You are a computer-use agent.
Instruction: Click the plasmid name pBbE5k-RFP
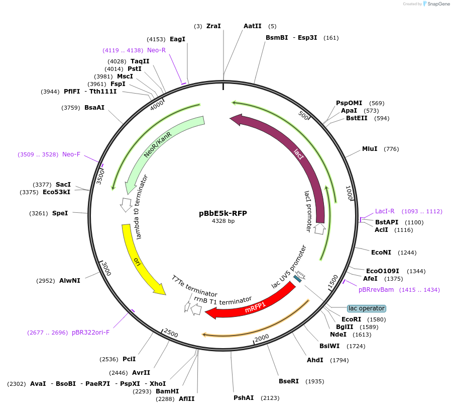pyautogui.click(x=223, y=213)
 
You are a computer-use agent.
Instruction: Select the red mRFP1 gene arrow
pyautogui.click(x=251, y=305)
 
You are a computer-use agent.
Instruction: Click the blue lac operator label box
pyautogui.click(x=366, y=308)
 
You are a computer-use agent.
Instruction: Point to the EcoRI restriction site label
pyautogui.click(x=351, y=319)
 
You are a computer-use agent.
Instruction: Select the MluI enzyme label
pyautogui.click(x=370, y=149)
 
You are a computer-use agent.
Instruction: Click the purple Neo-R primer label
pyautogui.click(x=156, y=50)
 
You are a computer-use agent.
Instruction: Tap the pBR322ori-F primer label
pyautogui.click(x=91, y=333)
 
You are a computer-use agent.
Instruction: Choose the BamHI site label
pyautogui.click(x=167, y=391)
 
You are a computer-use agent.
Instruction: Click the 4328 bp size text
pyautogui.click(x=223, y=221)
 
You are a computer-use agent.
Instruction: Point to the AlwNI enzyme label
pyautogui.click(x=69, y=281)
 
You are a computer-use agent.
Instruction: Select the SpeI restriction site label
pyautogui.click(x=60, y=213)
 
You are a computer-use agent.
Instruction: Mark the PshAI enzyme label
pyautogui.click(x=244, y=398)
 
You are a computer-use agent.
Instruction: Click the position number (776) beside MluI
pyautogui.click(x=391, y=149)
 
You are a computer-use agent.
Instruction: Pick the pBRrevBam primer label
pyautogui.click(x=376, y=290)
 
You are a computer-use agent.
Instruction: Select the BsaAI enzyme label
pyautogui.click(x=94, y=107)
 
